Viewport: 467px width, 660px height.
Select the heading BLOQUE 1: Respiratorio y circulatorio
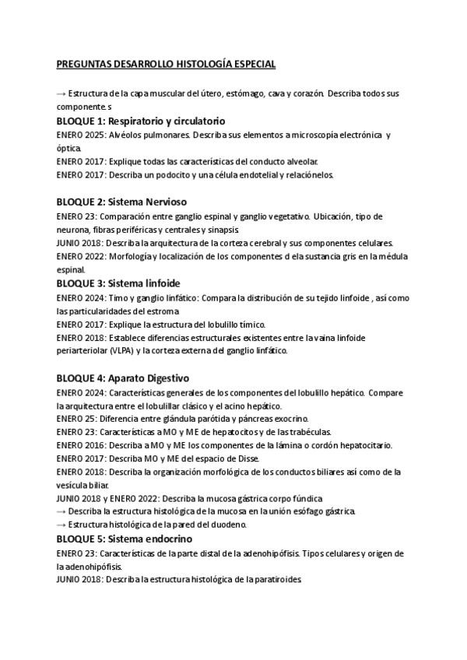[x=141, y=121]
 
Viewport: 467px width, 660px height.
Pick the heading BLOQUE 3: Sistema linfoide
[x=118, y=283]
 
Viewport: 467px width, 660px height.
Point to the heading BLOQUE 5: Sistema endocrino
[x=125, y=539]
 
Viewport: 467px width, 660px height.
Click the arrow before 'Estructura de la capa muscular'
[x=61, y=93]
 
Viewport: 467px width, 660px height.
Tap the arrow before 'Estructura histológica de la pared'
[x=61, y=525]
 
